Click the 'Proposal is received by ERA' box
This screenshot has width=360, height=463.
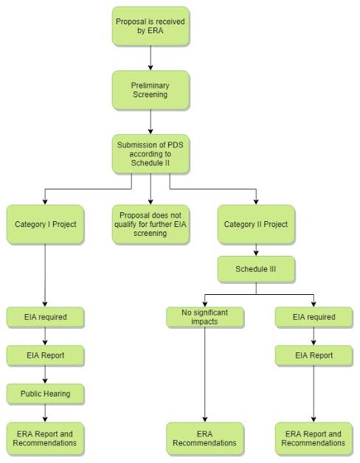(x=150, y=27)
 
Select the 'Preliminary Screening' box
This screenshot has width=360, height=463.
(x=150, y=89)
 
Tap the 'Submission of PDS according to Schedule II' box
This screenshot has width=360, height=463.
(x=150, y=153)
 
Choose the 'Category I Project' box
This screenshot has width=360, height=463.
(x=45, y=224)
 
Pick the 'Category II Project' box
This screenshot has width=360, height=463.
(x=256, y=224)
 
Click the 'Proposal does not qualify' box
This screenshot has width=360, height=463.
(x=150, y=224)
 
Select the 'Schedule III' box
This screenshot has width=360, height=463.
(x=256, y=270)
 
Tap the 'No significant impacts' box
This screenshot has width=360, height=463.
(x=204, y=317)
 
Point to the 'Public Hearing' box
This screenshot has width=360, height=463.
(x=45, y=394)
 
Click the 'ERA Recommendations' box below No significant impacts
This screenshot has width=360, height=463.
(x=204, y=438)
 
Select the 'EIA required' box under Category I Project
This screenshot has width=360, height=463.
(x=45, y=317)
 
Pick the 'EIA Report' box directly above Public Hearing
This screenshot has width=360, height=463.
(x=45, y=355)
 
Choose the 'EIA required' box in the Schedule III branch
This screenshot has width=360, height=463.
(x=314, y=317)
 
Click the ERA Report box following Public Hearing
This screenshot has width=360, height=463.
(x=45, y=438)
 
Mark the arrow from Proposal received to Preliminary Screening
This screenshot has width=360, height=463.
(x=150, y=58)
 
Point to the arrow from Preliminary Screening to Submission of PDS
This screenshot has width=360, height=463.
(x=150, y=121)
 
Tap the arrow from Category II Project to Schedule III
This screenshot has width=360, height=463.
(x=256, y=251)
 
